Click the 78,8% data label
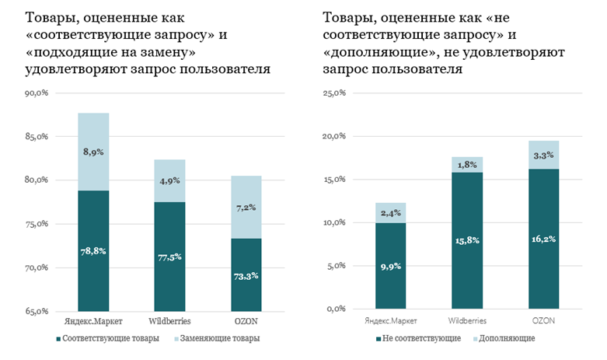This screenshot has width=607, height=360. click(92, 251)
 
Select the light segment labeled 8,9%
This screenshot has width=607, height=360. click(92, 152)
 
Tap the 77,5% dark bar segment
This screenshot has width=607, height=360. click(170, 257)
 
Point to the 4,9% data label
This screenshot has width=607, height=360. click(170, 181)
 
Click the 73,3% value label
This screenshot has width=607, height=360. click(246, 275)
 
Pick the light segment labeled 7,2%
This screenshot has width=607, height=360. click(246, 208)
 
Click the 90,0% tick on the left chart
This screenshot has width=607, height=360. click(36, 93)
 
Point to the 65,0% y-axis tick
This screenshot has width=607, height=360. click(36, 312)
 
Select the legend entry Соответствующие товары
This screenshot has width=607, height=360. click(109, 339)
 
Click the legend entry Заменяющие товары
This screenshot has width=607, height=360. click(218, 339)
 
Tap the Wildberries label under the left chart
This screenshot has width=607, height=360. click(170, 321)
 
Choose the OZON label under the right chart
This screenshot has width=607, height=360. click(543, 321)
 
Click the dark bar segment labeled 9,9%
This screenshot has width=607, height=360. click(390, 266)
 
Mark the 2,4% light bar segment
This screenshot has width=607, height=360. click(390, 213)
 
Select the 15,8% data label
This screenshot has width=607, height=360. click(467, 240)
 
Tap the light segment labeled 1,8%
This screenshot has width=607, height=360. click(467, 165)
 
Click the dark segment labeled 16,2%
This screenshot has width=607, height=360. click(543, 239)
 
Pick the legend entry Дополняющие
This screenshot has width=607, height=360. click(507, 339)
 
